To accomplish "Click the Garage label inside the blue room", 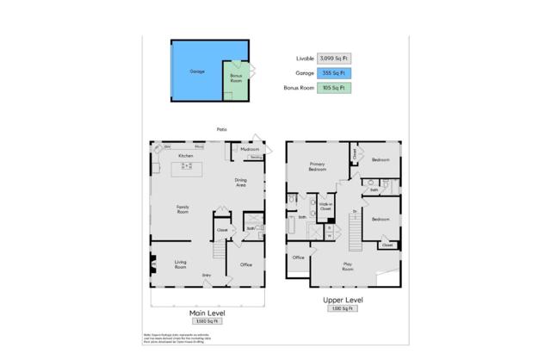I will (196, 71).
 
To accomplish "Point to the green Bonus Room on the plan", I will (236, 78).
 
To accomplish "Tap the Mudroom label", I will (250, 150).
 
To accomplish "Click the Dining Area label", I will (242, 183).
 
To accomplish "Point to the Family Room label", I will (183, 208).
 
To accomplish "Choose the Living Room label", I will (181, 264).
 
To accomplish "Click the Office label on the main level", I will (245, 264).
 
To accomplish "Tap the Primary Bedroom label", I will (317, 168).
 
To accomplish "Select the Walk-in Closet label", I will (325, 207).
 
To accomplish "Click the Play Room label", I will (348, 267).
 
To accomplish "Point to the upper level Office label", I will (299, 258).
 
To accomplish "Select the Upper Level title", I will (343, 300).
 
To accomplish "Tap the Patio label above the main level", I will (222, 130).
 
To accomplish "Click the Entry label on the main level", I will (207, 275).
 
